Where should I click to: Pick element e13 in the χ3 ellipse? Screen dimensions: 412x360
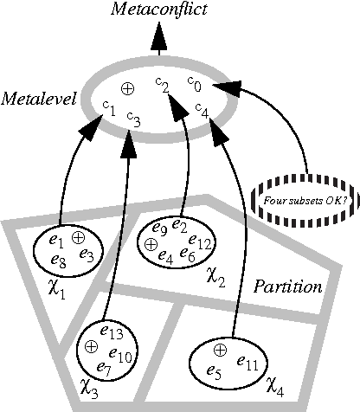pyautogui.click(x=113, y=331)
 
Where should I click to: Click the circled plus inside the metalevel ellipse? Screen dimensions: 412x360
pyautogui.click(x=126, y=88)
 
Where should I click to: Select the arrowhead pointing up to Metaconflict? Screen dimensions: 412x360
pyautogui.click(x=157, y=37)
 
